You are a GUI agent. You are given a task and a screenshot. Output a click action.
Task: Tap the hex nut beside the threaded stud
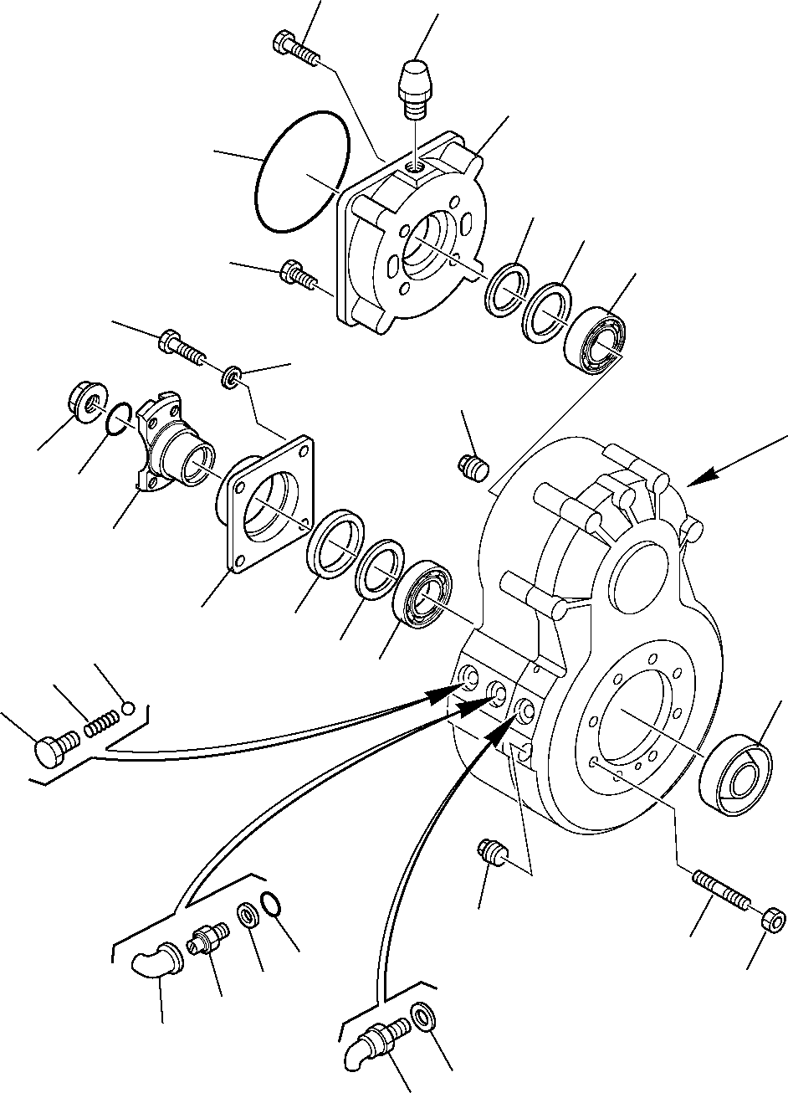(774, 919)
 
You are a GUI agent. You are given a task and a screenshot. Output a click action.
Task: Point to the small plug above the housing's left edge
(474, 466)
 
